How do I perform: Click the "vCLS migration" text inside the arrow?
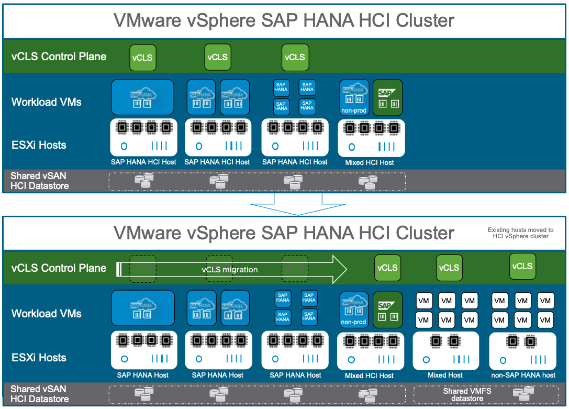pyautogui.click(x=230, y=270)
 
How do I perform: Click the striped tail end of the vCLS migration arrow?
pyautogui.click(x=119, y=269)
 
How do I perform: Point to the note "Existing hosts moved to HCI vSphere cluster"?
pyautogui.click(x=520, y=233)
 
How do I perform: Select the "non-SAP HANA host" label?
pyautogui.click(x=523, y=375)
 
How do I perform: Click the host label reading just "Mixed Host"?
pyautogui.click(x=445, y=375)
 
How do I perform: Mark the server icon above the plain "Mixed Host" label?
pyautogui.click(x=445, y=350)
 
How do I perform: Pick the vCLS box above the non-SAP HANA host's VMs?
pyautogui.click(x=522, y=266)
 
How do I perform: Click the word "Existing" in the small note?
pyautogui.click(x=499, y=230)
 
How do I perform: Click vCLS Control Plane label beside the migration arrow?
pyautogui.click(x=59, y=268)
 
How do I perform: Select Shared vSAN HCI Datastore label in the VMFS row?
pyautogui.click(x=40, y=394)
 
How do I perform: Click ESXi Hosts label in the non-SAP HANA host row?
pyautogui.click(x=39, y=358)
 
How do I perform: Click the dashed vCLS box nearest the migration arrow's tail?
pyautogui.click(x=142, y=269)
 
